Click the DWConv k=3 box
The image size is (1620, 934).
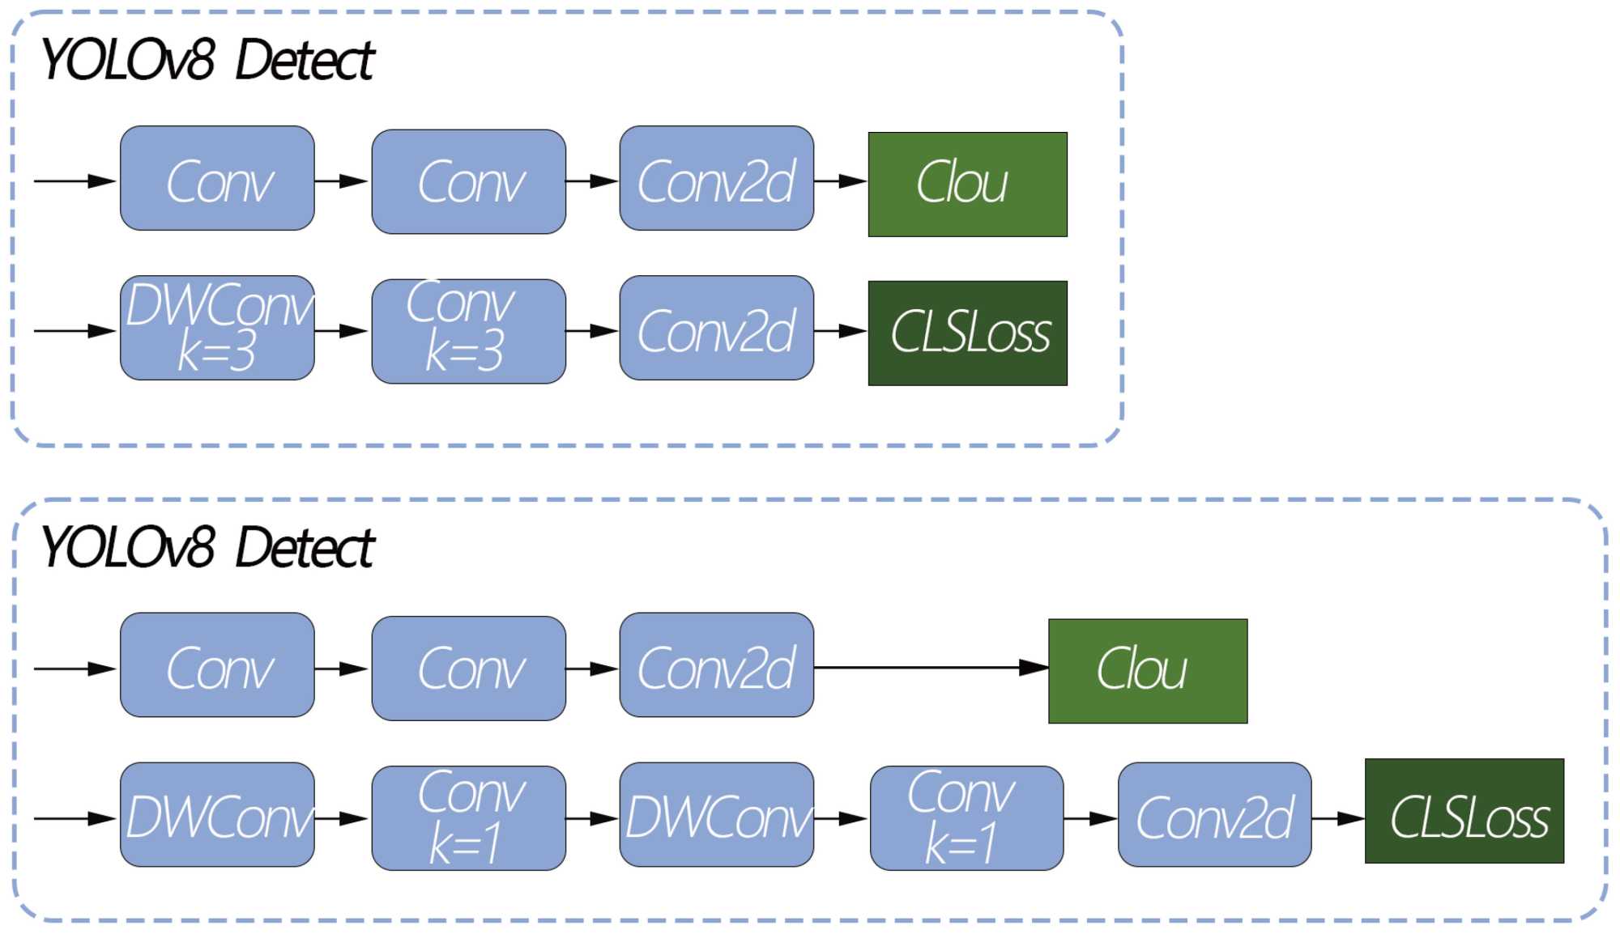pos(217,328)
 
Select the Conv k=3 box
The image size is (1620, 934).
pos(468,331)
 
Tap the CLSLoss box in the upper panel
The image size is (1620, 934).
pos(967,333)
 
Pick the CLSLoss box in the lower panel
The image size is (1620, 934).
pos(1464,811)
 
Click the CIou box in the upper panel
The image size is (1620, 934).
pos(967,185)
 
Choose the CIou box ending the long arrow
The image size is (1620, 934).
pos(1147,671)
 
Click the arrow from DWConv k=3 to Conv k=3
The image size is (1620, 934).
pos(342,331)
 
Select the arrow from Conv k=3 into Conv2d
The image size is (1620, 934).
pos(592,331)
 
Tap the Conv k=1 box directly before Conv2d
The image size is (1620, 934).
pos(966,818)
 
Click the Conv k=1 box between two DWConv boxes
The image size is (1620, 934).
pos(468,818)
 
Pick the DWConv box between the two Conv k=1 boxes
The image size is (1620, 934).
pos(716,815)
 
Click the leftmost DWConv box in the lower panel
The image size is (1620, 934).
pos(217,815)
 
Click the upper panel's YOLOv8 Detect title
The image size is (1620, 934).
pos(207,61)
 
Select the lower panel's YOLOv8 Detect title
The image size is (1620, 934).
pos(207,548)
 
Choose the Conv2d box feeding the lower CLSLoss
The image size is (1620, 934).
pos(1214,815)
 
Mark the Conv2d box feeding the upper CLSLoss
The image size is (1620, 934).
pos(716,328)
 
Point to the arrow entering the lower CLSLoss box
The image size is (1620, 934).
pos(1337,818)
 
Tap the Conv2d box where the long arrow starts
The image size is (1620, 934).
pos(716,665)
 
